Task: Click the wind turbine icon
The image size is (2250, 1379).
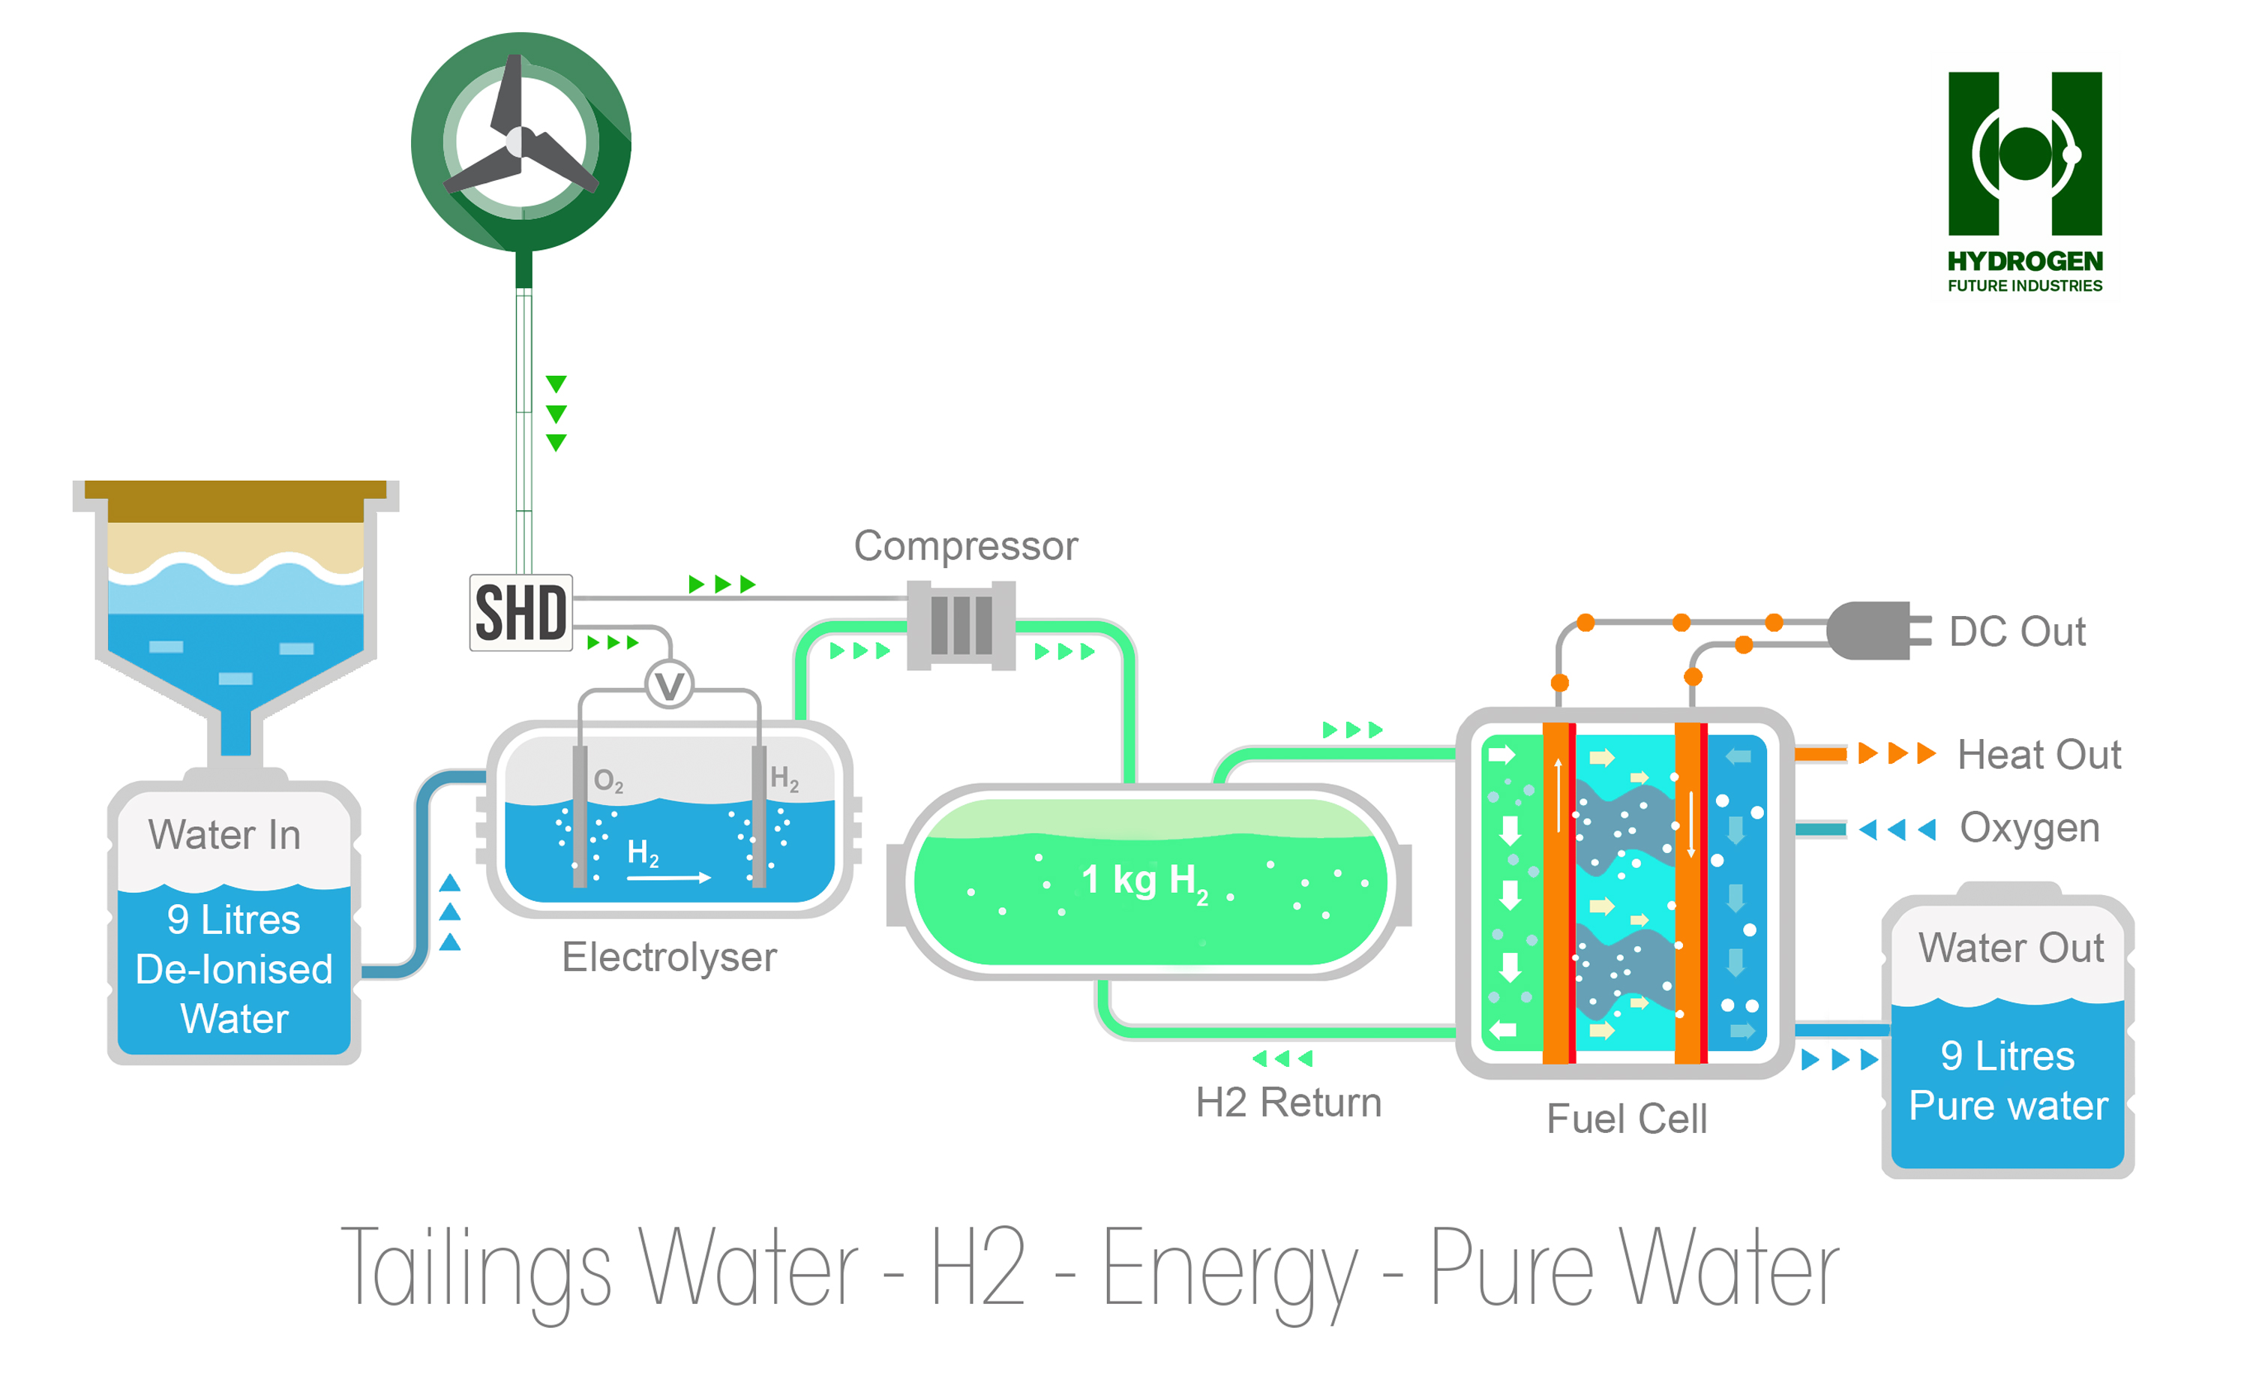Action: click(521, 142)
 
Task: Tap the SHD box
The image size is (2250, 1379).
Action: click(520, 612)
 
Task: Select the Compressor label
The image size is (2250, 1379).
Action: click(966, 546)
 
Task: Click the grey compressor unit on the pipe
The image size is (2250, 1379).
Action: click(961, 626)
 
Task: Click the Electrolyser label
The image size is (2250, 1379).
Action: click(669, 957)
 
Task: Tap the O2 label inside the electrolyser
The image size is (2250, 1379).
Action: click(608, 781)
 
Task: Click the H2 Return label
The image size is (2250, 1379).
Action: click(1288, 1102)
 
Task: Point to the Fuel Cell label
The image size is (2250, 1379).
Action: click(1626, 1119)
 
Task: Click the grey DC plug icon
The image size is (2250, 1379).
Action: click(1878, 630)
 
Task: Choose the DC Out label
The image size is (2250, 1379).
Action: click(2017, 632)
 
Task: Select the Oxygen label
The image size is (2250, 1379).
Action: click(2029, 828)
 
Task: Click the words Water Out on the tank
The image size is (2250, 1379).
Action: click(2011, 948)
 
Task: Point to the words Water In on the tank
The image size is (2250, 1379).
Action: click(225, 835)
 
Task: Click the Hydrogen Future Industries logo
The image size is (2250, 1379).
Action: click(2024, 182)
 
